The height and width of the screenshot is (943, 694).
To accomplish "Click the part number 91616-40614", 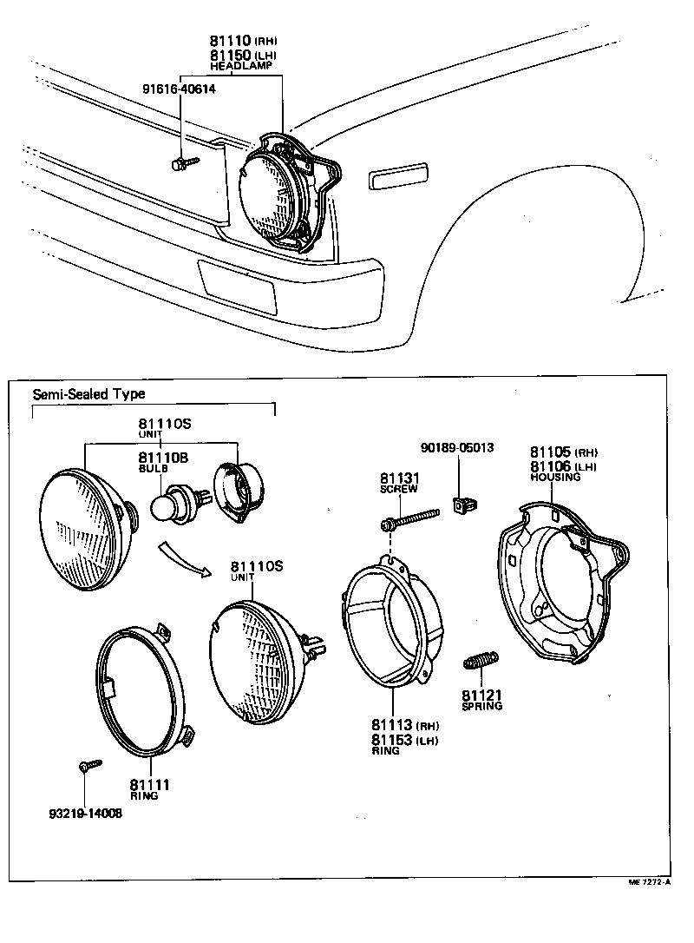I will coord(180,89).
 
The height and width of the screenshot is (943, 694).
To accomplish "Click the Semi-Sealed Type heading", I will coord(88,393).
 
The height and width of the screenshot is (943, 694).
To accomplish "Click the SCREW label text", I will coord(398,490).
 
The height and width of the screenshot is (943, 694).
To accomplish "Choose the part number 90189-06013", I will coord(457,448).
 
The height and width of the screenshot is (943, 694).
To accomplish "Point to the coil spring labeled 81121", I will coord(480,663).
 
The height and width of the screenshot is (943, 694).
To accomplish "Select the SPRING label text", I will coord(481,706).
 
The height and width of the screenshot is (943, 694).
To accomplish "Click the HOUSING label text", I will coord(555,478).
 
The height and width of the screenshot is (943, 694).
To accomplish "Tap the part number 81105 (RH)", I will coord(564,452).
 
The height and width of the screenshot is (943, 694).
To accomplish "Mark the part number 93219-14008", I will coord(85,813).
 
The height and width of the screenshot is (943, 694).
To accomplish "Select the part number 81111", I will coord(149,785).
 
